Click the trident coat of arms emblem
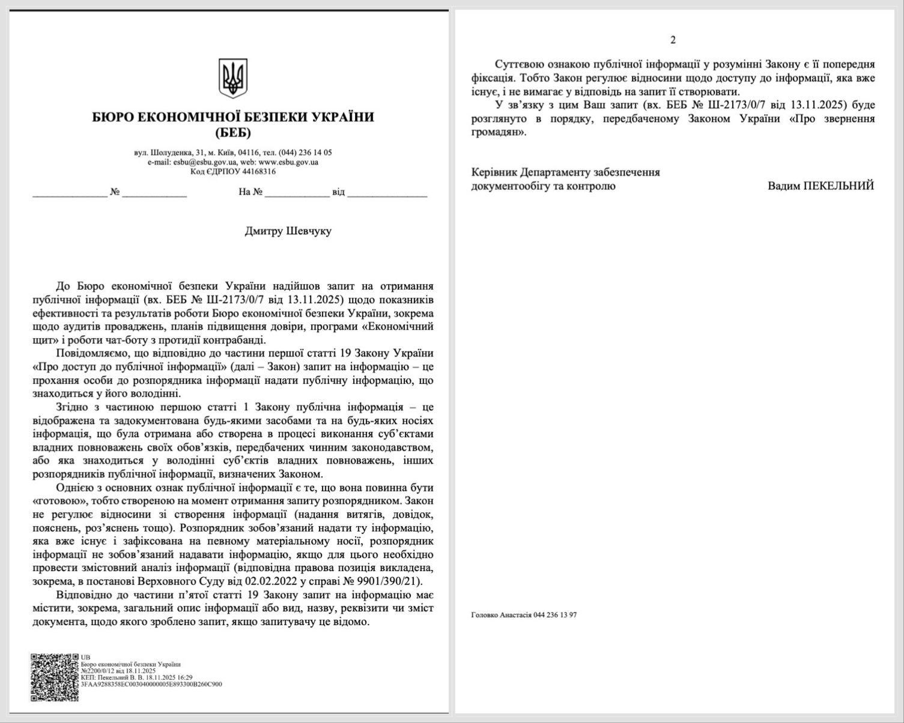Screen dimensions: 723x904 tap(233, 78)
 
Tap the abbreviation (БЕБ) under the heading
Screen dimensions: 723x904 tap(233, 132)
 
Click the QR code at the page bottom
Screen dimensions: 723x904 tap(55, 677)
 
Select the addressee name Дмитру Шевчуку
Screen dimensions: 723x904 tap(288, 231)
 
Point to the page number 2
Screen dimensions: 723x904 tap(673, 40)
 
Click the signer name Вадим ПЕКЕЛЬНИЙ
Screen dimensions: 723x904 tap(821, 186)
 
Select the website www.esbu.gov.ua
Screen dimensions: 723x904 tap(288, 162)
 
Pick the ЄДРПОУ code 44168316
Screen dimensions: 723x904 tap(259, 171)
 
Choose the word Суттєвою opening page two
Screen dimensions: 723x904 tap(520, 64)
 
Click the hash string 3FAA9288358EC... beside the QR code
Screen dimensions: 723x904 tap(151, 683)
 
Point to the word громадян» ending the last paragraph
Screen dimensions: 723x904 tap(499, 132)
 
